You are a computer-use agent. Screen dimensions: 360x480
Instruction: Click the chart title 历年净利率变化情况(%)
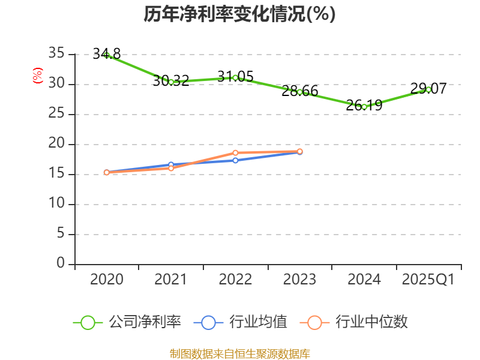(239, 14)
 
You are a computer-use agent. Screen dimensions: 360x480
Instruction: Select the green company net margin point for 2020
(107, 55)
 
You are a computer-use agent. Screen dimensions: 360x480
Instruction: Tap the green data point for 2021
(171, 82)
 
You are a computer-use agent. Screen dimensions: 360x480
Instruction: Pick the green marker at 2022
(235, 77)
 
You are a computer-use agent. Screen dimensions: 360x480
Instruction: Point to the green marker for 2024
(364, 107)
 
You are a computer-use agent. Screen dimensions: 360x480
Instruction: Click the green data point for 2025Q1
(428, 89)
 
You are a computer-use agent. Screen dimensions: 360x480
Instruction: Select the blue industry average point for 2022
(235, 160)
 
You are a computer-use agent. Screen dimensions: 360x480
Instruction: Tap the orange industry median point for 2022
(235, 152)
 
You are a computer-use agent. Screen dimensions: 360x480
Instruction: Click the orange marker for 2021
(171, 168)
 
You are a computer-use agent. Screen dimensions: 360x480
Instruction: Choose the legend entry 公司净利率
(127, 322)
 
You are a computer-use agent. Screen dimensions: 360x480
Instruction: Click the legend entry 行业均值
(241, 322)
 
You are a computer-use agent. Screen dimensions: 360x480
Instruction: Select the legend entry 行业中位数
(358, 322)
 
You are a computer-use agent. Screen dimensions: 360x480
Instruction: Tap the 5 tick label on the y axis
(60, 234)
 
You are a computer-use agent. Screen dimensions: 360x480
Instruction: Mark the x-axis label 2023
(299, 280)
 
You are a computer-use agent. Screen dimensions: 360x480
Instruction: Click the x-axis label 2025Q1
(428, 280)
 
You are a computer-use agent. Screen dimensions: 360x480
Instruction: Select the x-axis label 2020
(107, 280)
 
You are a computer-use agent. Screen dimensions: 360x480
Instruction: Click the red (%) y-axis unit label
(38, 76)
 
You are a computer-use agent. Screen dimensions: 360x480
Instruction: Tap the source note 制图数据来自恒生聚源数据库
(239, 353)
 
